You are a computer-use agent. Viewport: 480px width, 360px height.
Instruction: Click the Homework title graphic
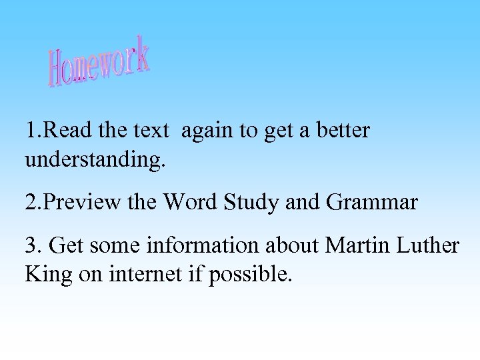tap(99, 62)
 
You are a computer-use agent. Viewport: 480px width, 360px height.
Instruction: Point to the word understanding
tap(95, 160)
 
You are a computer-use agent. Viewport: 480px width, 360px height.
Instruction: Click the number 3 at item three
tap(31, 245)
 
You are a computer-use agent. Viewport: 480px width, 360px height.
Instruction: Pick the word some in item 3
tap(111, 245)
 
